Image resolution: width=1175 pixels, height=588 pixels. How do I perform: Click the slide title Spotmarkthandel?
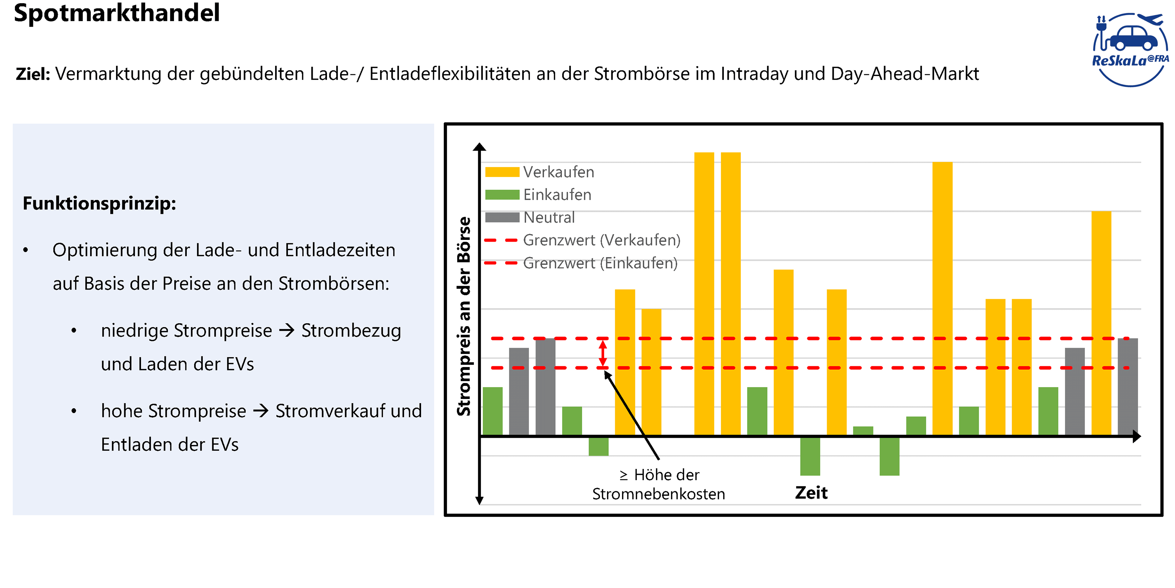click(117, 13)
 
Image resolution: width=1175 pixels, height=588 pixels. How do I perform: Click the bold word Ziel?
click(33, 74)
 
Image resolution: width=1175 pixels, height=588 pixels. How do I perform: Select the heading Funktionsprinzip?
click(99, 203)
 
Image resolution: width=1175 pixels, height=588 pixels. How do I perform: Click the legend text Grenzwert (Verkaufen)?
click(602, 240)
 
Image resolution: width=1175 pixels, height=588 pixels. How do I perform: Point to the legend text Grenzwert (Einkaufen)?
click(600, 263)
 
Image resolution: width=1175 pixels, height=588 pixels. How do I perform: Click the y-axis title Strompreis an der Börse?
click(464, 316)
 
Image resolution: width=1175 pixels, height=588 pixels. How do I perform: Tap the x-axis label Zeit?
click(811, 493)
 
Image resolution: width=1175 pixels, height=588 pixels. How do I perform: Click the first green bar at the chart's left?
click(493, 411)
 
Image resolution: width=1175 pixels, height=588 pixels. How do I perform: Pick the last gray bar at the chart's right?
click(1127, 387)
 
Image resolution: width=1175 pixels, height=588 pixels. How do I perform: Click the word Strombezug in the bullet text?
click(351, 330)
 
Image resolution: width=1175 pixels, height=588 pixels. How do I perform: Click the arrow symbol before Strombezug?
click(287, 330)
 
